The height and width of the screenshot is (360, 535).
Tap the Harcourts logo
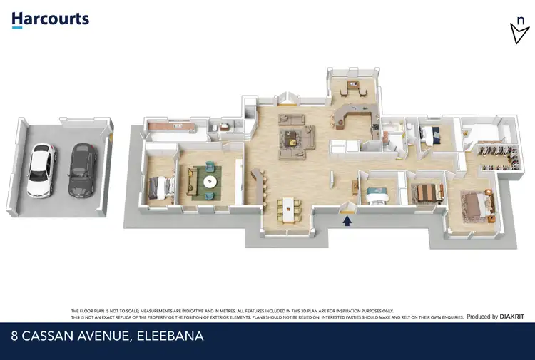pyautogui.click(x=50, y=19)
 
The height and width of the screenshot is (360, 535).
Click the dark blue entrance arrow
pyautogui.click(x=347, y=221)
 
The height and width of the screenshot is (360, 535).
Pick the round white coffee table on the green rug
pyautogui.click(x=209, y=181)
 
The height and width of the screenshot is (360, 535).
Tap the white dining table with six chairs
pyautogui.click(x=290, y=207)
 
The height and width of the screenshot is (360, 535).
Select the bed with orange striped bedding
pyautogui.click(x=426, y=192)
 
